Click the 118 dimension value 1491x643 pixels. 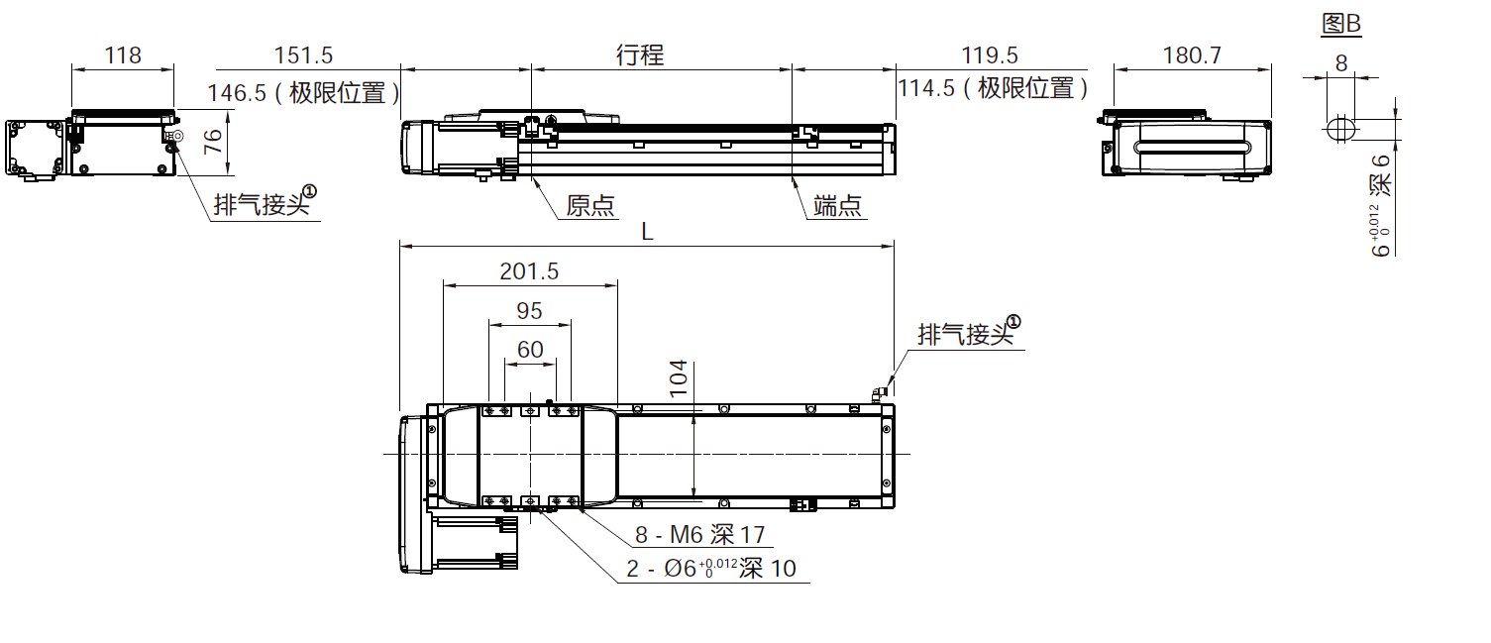(123, 55)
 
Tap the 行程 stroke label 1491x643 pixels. (639, 55)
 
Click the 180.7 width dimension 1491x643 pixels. (1191, 55)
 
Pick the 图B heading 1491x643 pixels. (1341, 25)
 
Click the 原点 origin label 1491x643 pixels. (590, 206)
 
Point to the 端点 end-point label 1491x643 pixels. (838, 206)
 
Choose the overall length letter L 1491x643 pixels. (647, 232)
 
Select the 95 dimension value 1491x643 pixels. (530, 311)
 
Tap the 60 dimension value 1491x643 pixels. (530, 350)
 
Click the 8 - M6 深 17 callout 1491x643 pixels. (700, 536)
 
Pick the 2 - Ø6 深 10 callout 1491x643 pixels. (710, 569)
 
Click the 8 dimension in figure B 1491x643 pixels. (1341, 63)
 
